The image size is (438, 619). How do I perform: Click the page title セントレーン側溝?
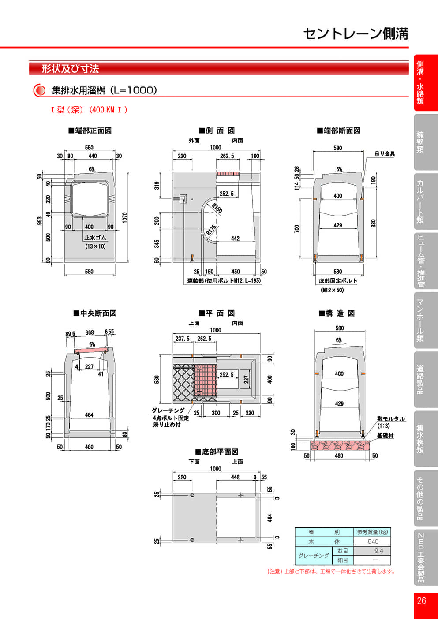356,34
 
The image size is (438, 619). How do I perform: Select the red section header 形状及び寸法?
70,69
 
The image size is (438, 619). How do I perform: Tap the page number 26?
421,600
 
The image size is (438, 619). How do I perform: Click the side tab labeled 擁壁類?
420,142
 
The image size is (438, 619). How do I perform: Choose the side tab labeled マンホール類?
420,320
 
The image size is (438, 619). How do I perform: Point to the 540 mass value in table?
372,541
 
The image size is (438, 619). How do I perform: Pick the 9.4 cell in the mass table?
378,551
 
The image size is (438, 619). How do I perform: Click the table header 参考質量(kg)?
372,532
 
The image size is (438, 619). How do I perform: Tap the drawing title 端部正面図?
90,131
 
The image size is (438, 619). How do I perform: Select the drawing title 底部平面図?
217,452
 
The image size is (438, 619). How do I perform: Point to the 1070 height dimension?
125,217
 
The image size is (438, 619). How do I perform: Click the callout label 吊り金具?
384,154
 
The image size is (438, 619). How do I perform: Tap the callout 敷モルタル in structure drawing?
390,419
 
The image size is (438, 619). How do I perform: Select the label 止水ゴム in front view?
95,238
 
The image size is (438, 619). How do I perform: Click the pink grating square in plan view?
205,380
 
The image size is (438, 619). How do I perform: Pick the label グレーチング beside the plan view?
168,410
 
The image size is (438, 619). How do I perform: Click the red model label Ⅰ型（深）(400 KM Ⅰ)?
89,110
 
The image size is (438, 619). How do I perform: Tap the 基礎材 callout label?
385,436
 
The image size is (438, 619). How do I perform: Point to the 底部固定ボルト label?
338,281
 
